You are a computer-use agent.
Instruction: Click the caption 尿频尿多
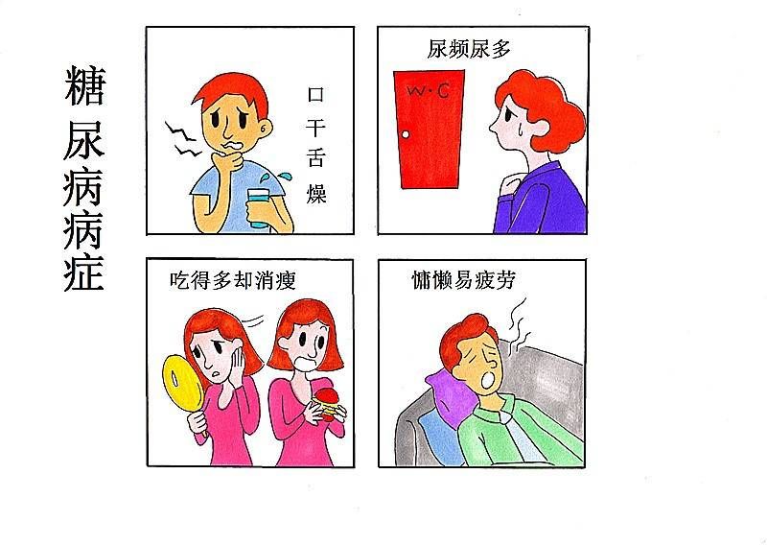tap(468, 49)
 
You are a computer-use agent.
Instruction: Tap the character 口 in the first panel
tap(315, 95)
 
